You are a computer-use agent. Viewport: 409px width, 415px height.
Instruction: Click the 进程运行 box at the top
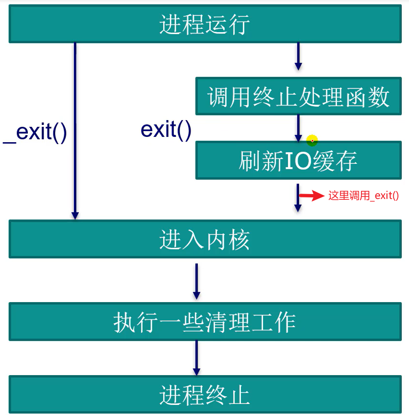click(205, 24)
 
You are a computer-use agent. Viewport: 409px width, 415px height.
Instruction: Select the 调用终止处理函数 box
click(298, 97)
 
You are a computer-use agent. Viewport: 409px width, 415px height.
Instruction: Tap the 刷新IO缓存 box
click(298, 160)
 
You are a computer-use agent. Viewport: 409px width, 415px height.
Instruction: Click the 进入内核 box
click(205, 239)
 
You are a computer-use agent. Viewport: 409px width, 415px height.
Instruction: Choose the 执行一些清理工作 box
click(205, 321)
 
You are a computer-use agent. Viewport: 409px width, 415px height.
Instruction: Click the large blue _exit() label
click(35, 133)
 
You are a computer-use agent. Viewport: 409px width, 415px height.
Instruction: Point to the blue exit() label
click(166, 129)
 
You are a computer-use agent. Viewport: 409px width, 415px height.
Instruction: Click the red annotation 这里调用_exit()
click(363, 196)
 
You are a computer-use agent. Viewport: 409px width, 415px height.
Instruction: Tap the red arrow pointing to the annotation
click(312, 195)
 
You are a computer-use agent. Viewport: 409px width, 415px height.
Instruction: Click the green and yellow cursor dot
click(313, 141)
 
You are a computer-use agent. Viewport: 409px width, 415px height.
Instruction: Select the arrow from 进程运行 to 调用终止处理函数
click(298, 56)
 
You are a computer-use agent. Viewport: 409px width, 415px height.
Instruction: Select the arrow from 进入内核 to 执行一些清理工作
click(196, 281)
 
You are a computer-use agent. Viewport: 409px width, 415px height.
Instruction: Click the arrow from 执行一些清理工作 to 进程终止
click(196, 358)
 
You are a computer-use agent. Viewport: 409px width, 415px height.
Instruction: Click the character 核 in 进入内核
click(239, 240)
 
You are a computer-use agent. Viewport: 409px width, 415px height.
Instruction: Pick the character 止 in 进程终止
click(239, 395)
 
